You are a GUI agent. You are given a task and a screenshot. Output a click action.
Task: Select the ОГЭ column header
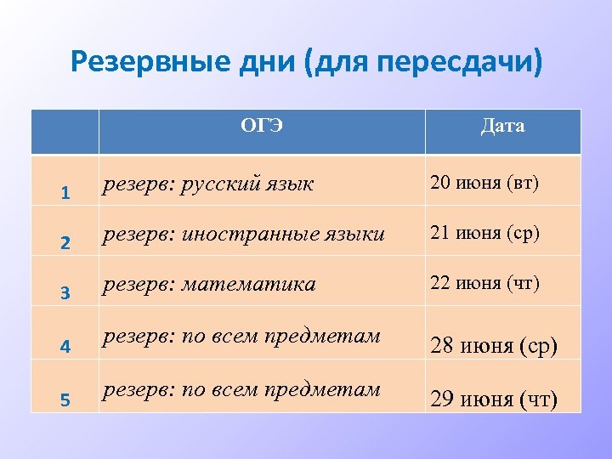click(262, 127)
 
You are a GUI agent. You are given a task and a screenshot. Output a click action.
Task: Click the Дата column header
click(502, 127)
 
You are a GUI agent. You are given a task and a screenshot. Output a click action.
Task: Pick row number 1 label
click(65, 193)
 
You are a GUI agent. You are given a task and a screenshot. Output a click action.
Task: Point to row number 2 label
click(65, 243)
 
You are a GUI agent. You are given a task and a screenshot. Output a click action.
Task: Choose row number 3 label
click(65, 294)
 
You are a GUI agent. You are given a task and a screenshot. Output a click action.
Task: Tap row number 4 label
click(65, 346)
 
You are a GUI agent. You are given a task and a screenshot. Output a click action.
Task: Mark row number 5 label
click(65, 398)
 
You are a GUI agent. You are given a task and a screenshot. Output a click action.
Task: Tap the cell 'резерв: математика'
click(209, 284)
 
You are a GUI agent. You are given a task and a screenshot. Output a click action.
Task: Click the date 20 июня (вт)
click(484, 182)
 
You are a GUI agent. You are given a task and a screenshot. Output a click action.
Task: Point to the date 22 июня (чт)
click(484, 283)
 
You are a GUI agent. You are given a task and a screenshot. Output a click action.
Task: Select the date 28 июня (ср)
click(494, 348)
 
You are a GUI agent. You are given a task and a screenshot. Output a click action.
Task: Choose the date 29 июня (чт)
click(494, 399)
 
